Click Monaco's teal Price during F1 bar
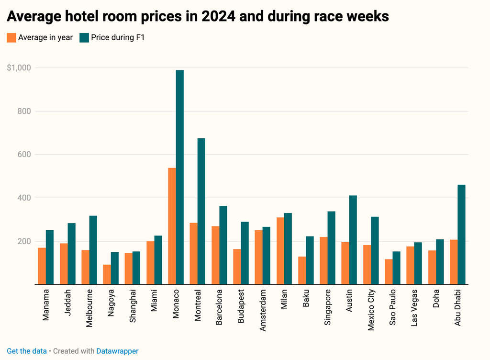tap(180, 177)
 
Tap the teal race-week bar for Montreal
tap(201, 211)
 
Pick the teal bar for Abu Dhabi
tap(461, 235)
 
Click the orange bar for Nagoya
tap(107, 274)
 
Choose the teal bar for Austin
tap(353, 240)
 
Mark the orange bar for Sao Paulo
tap(389, 271)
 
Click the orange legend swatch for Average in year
tap(11, 37)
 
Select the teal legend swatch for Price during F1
tap(84, 37)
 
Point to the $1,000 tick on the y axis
tap(19, 68)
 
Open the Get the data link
tap(27, 351)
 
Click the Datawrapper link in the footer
tap(117, 351)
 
